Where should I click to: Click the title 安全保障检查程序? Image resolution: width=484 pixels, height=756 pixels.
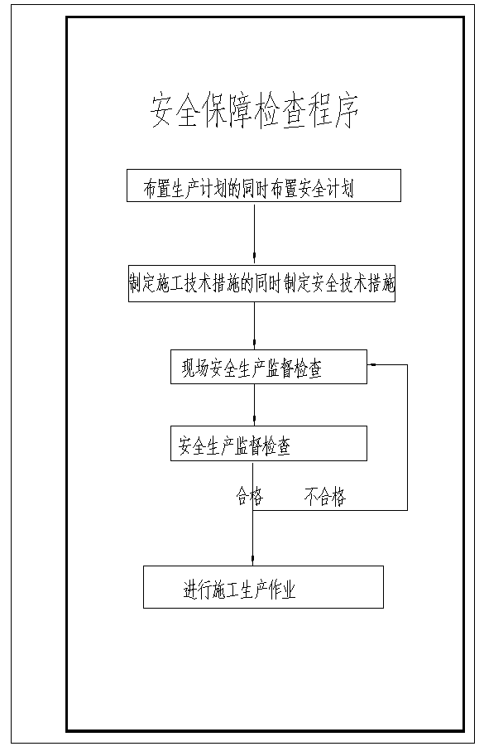coord(254,112)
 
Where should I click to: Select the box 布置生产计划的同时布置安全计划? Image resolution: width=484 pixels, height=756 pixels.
coord(264,185)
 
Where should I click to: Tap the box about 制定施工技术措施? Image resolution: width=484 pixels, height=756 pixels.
coord(261,283)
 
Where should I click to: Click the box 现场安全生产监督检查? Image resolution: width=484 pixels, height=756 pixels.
coord(269,367)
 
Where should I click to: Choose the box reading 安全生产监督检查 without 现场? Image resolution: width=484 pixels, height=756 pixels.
coord(269,443)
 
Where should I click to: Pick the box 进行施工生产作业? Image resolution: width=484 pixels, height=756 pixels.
coord(263,587)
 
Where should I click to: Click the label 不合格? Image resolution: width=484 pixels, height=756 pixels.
coord(325,496)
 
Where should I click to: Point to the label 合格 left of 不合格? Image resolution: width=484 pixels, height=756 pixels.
coord(250,496)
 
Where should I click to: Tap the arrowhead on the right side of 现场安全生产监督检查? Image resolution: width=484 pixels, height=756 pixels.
coord(372,365)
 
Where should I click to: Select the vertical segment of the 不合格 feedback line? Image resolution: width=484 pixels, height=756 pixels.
coord(407,437)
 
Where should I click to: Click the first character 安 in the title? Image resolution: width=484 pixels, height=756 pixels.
coord(161,112)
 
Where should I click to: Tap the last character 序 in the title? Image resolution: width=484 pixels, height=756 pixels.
coord(347,112)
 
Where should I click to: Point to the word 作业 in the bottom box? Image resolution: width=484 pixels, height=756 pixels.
coord(282,590)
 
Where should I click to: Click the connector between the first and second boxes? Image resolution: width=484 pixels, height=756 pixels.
coord(255,234)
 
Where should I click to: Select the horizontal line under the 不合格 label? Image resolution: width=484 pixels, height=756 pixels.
coord(330,510)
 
